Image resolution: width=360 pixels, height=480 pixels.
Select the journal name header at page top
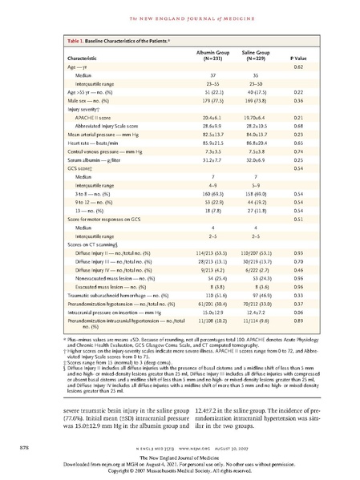pos(180,17)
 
